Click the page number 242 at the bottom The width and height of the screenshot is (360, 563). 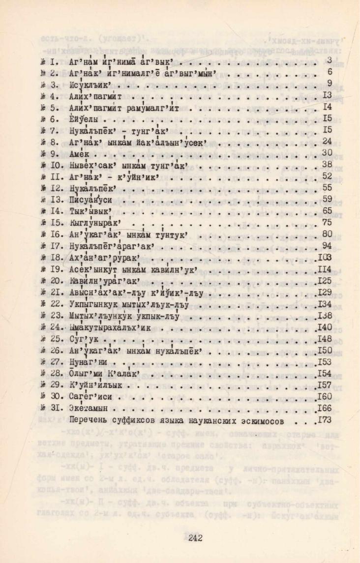(x=196, y=537)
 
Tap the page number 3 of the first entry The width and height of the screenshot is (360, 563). (x=330, y=60)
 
